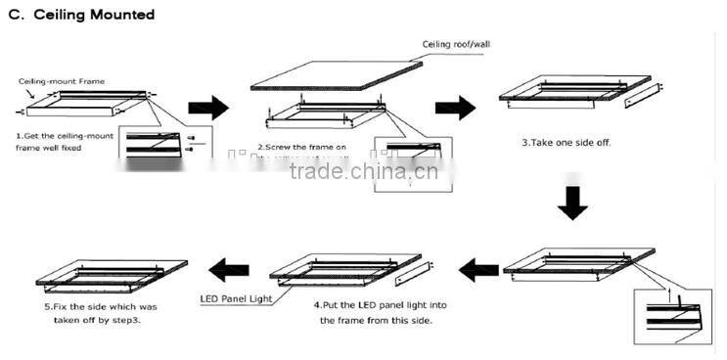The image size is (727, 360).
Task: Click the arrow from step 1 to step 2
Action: [x=206, y=108]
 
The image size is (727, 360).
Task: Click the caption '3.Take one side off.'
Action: [x=567, y=142]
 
